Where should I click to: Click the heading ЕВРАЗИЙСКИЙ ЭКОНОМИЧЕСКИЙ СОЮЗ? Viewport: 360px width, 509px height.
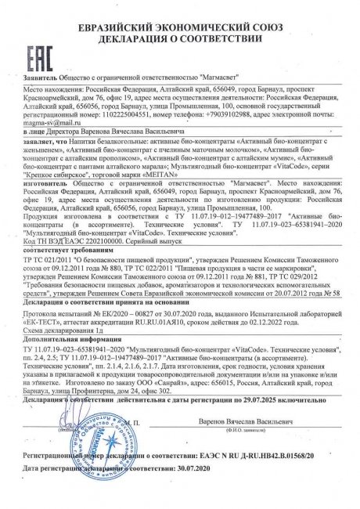coord(185,11)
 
